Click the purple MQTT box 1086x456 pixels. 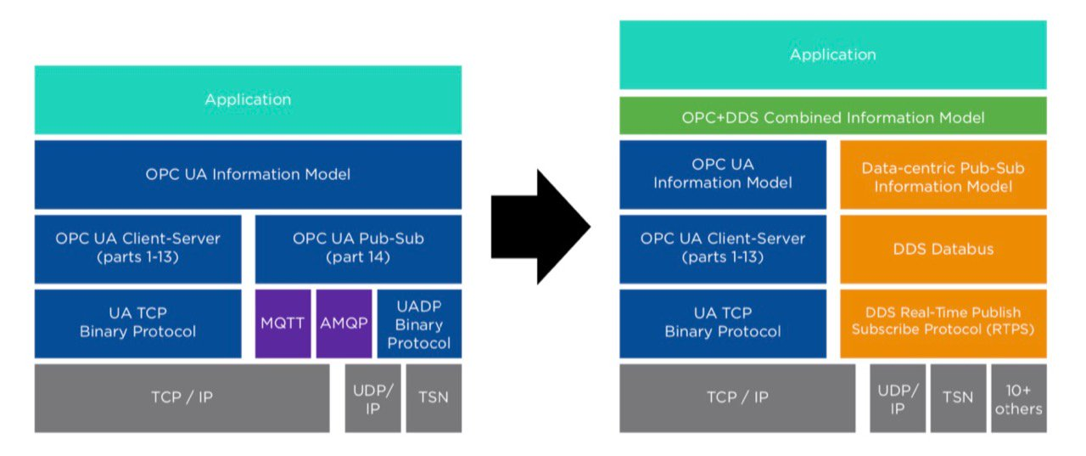(x=283, y=324)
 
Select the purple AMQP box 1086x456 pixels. (x=344, y=324)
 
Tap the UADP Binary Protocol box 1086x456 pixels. (x=419, y=324)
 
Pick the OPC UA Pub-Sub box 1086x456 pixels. (x=358, y=248)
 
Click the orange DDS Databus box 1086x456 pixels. (x=943, y=249)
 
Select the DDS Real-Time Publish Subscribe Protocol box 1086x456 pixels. (x=943, y=323)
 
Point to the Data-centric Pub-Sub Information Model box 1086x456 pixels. (x=943, y=175)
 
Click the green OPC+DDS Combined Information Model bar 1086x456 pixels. (x=832, y=116)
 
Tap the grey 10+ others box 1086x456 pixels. (x=1018, y=398)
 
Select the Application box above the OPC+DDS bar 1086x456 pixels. (x=832, y=55)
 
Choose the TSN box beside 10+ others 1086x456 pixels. (x=958, y=398)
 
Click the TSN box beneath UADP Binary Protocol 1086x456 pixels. (x=434, y=398)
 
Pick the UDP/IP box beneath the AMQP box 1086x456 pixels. (x=372, y=398)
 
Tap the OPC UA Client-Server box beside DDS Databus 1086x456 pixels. (x=722, y=249)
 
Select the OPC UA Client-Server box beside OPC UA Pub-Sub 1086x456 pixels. (x=137, y=248)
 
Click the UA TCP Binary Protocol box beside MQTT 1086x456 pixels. (x=137, y=324)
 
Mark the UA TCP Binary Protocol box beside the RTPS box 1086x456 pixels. (x=722, y=323)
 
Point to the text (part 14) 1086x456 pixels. (x=358, y=257)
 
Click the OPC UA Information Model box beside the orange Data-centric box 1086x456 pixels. (x=722, y=175)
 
